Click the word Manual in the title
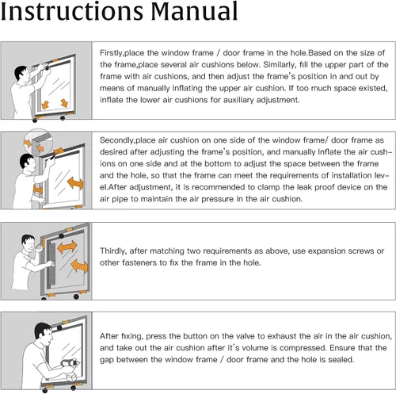pyautogui.click(x=194, y=11)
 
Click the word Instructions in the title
pyautogui.click(x=72, y=11)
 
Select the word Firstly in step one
pyautogui.click(x=111, y=53)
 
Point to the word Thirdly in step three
pyautogui.click(x=112, y=251)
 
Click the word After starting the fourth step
pyautogui.click(x=109, y=336)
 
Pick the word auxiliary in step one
pyautogui.click(x=235, y=100)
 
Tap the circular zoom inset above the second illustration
pyautogui.click(x=38, y=142)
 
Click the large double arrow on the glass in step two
pyautogui.click(x=75, y=183)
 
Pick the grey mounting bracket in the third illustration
pyautogui.click(x=51, y=264)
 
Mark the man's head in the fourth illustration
pyautogui.click(x=44, y=332)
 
